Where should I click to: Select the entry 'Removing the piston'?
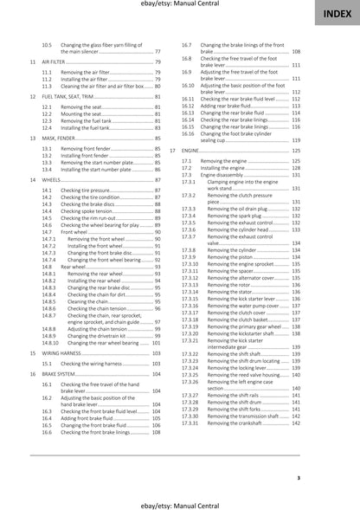click(228, 257)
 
